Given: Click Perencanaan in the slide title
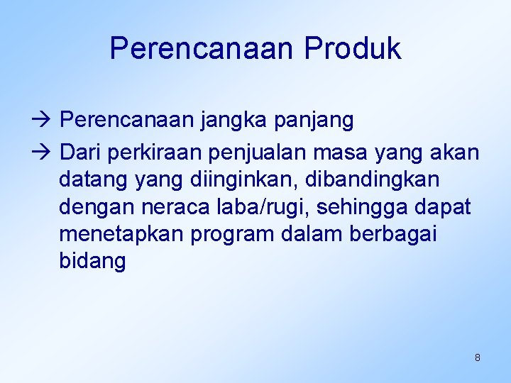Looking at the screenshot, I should tap(203, 48).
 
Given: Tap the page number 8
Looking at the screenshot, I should tap(477, 357).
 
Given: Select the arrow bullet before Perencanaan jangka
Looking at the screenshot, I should tap(46, 121).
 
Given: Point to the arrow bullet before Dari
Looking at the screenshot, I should tap(46, 152).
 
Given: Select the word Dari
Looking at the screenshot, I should tap(81, 152).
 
